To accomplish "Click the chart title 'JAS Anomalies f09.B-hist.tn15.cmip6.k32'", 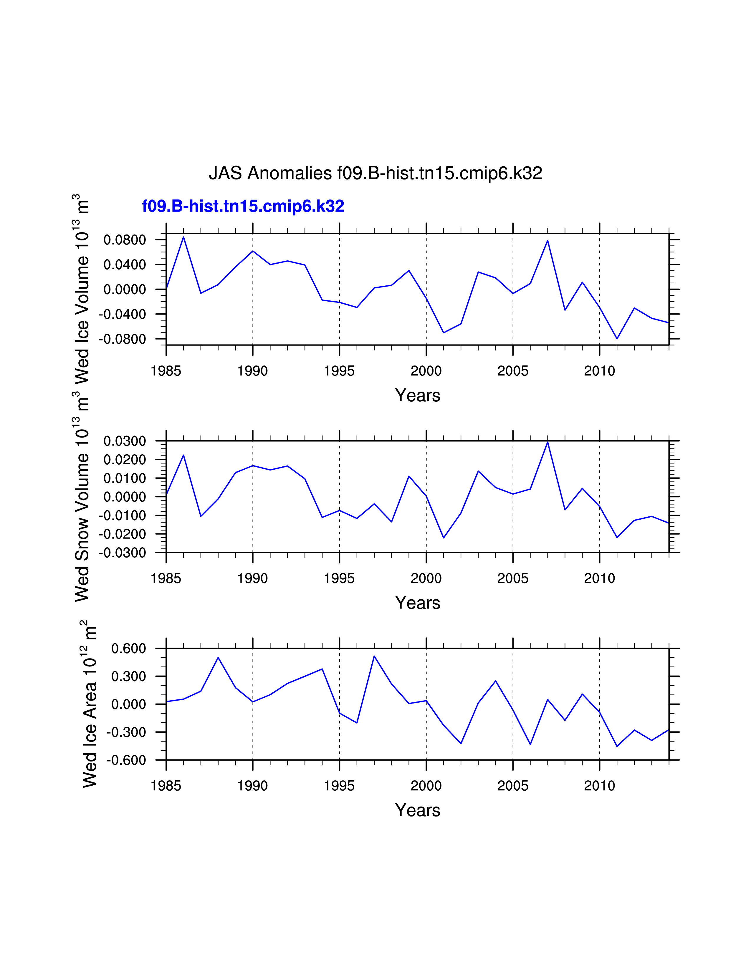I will [375, 173].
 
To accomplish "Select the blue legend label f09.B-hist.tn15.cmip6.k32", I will [243, 206].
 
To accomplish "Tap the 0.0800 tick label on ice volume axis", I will [125, 240].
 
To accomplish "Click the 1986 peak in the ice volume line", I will [183, 237].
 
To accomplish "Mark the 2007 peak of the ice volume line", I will [548, 240].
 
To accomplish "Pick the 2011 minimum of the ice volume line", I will [617, 339].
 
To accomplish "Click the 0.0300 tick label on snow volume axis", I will [125, 441].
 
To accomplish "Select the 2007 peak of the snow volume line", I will [548, 442].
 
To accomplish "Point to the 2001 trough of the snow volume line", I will [444, 538].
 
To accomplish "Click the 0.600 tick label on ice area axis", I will [129, 649].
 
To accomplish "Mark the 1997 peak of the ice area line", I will [374, 656].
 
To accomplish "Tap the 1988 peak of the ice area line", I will [218, 658].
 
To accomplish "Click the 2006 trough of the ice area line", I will [530, 744].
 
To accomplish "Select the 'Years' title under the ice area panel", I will [417, 810].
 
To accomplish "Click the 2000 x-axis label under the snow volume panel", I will [426, 578].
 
